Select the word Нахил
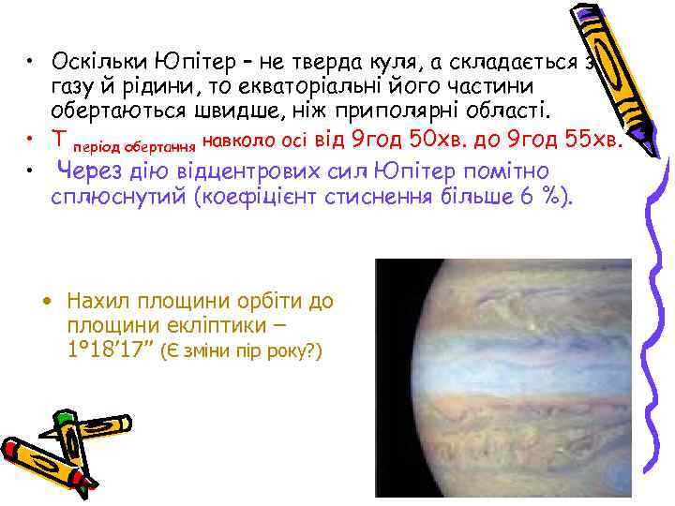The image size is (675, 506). click(99, 303)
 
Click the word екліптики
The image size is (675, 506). click(217, 326)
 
